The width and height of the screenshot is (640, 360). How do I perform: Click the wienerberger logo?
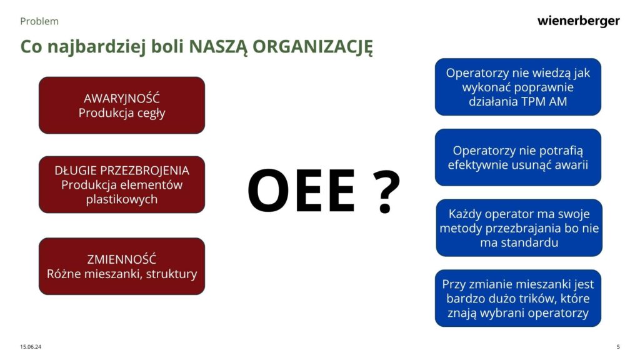(578, 21)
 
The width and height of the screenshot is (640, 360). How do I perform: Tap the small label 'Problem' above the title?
(39, 21)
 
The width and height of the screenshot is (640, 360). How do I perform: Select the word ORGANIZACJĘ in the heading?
(312, 47)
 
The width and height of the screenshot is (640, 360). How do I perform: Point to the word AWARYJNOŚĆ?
(122, 98)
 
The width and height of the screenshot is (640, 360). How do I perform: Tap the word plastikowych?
(122, 199)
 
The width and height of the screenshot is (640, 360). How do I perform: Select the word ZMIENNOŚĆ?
(122, 259)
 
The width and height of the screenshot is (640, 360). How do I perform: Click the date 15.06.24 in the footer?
(31, 346)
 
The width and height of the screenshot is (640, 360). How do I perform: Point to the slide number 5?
(618, 346)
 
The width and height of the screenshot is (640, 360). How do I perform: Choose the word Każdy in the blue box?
(465, 214)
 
